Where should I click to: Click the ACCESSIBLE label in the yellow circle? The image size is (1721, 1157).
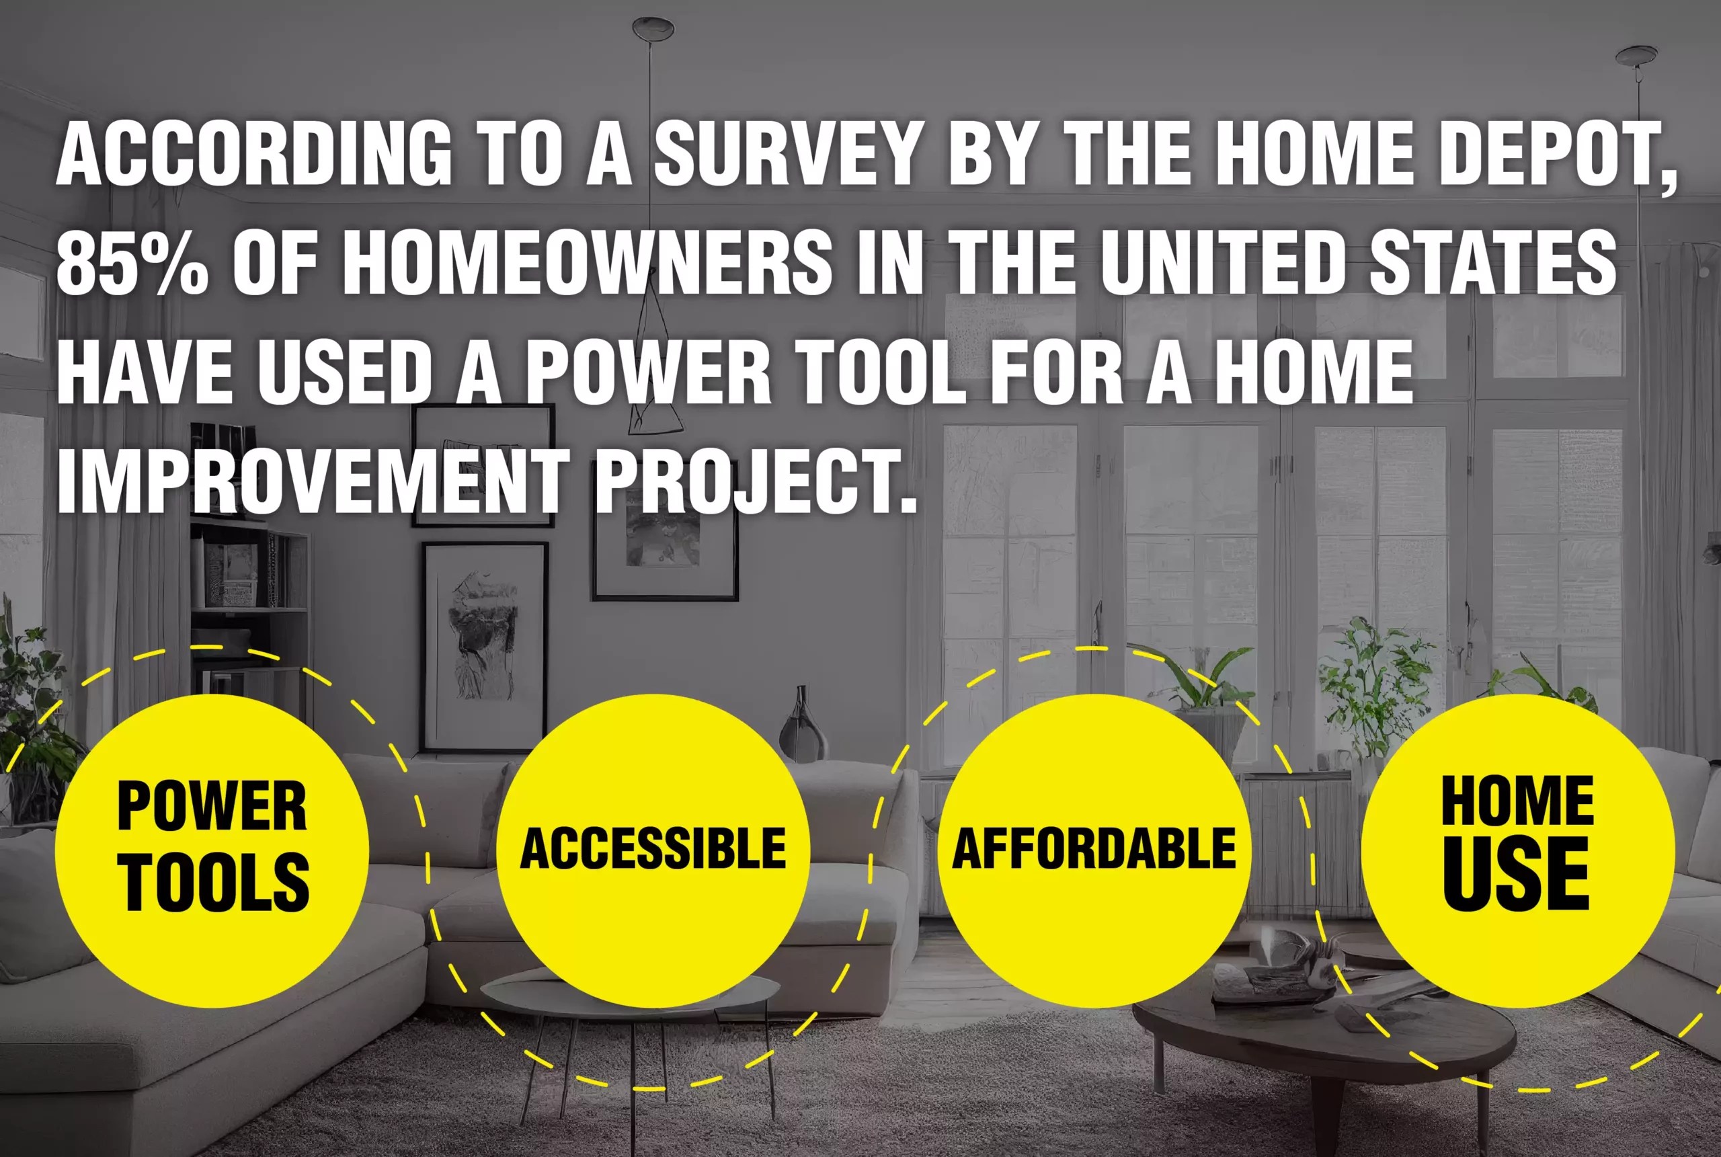pyautogui.click(x=653, y=848)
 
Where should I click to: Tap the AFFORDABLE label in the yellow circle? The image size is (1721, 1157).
pyautogui.click(x=1093, y=848)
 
